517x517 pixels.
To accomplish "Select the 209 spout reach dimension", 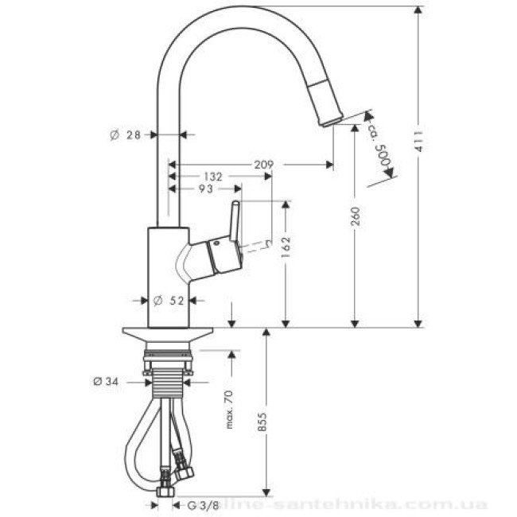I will pos(264,164).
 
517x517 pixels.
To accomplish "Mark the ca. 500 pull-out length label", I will pos(382,147).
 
